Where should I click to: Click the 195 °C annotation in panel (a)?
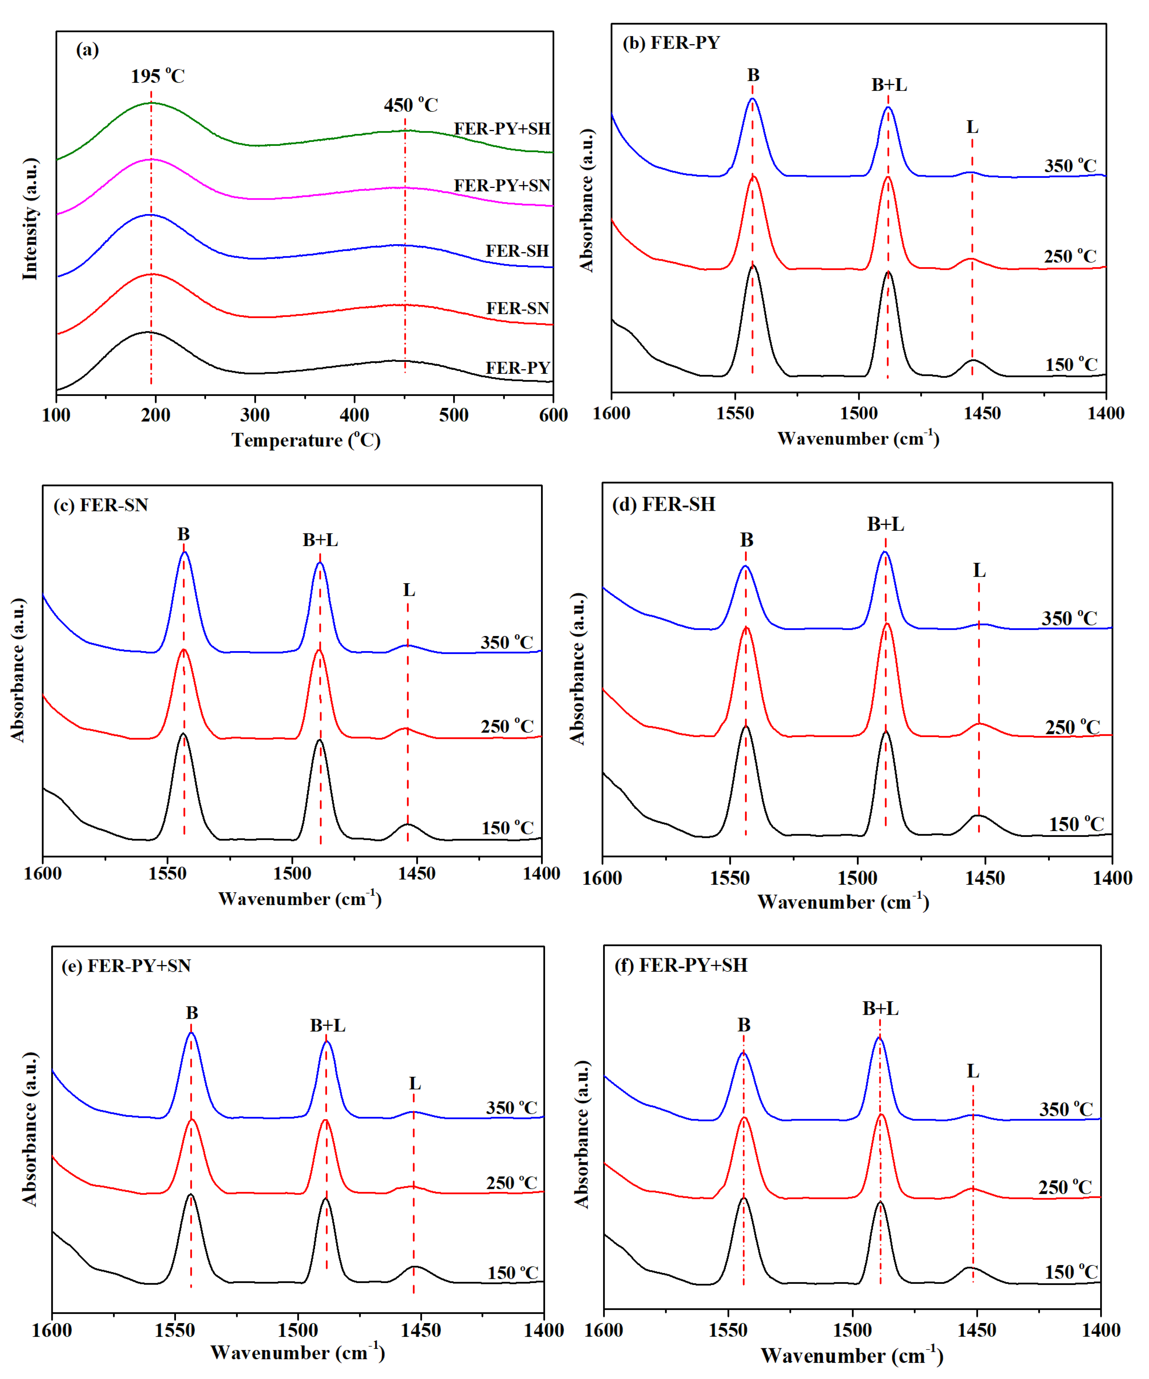[158, 76]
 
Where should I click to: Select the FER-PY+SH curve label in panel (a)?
[502, 129]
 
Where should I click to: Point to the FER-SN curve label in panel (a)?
[517, 308]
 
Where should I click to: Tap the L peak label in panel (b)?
[972, 127]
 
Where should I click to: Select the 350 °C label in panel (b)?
[1070, 166]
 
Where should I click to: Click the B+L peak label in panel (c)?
[320, 540]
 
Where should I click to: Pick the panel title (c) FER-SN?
[100, 505]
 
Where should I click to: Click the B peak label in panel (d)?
[746, 540]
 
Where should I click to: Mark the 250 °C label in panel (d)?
[1072, 727]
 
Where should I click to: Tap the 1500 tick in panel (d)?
[857, 878]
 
